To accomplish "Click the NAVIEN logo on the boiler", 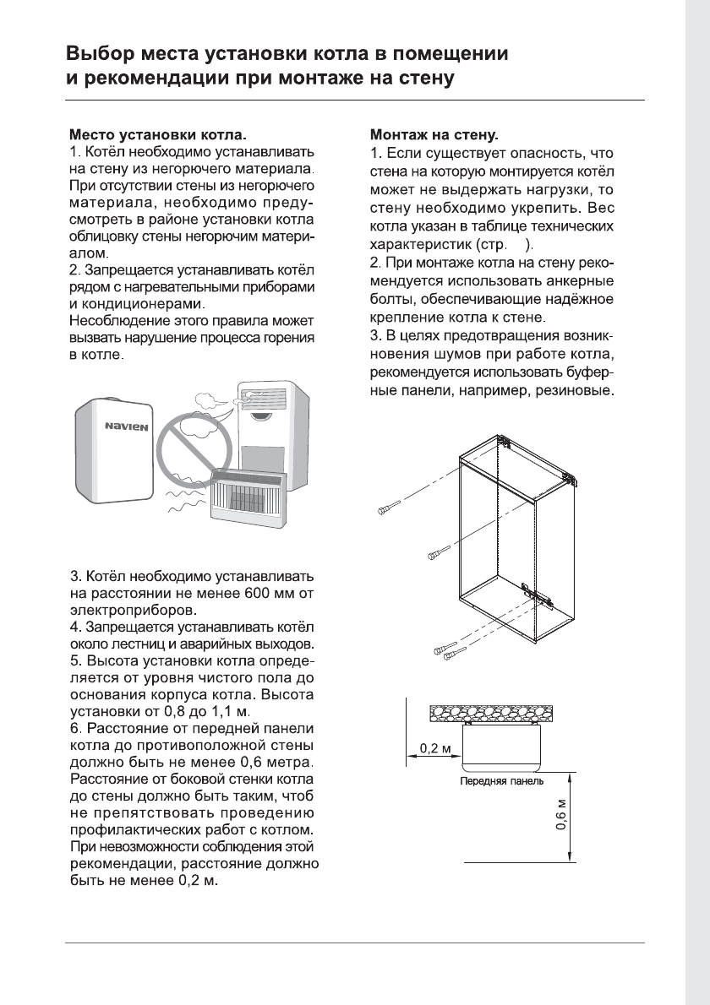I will click(x=126, y=426).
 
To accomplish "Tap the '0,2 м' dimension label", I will click(x=436, y=748).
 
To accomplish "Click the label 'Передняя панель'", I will click(x=501, y=781).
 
